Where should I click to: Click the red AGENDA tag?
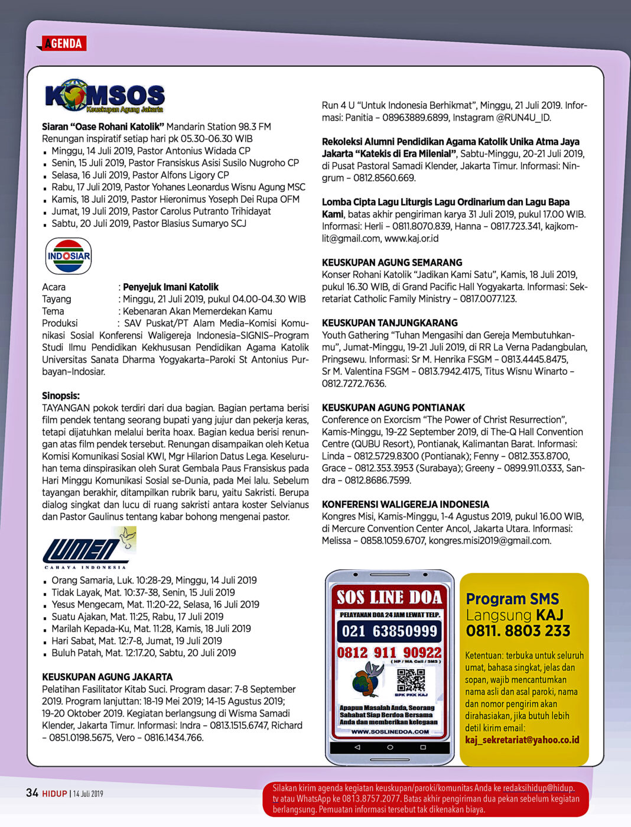click(x=63, y=43)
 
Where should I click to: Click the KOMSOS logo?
click(x=105, y=96)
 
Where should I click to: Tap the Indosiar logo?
click(x=69, y=256)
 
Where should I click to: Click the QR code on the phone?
click(x=411, y=680)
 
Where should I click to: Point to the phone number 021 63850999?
click(x=389, y=631)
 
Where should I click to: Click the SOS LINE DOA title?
click(x=389, y=598)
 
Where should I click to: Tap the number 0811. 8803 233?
click(x=518, y=631)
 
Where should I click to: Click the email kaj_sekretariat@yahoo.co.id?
click(x=522, y=740)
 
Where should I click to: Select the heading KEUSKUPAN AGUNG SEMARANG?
click(x=392, y=262)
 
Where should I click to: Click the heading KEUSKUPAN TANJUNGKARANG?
click(x=389, y=323)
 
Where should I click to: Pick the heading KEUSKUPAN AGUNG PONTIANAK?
click(x=393, y=407)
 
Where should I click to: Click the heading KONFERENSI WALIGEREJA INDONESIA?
click(x=405, y=504)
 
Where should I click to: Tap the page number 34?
click(x=32, y=793)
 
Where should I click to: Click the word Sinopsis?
click(x=60, y=395)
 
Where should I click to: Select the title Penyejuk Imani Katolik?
click(x=171, y=287)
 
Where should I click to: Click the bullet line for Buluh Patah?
click(x=144, y=653)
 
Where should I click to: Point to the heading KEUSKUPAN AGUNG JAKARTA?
click(x=107, y=677)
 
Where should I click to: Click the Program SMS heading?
click(x=512, y=599)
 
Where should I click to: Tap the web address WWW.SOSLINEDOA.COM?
click(x=389, y=731)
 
